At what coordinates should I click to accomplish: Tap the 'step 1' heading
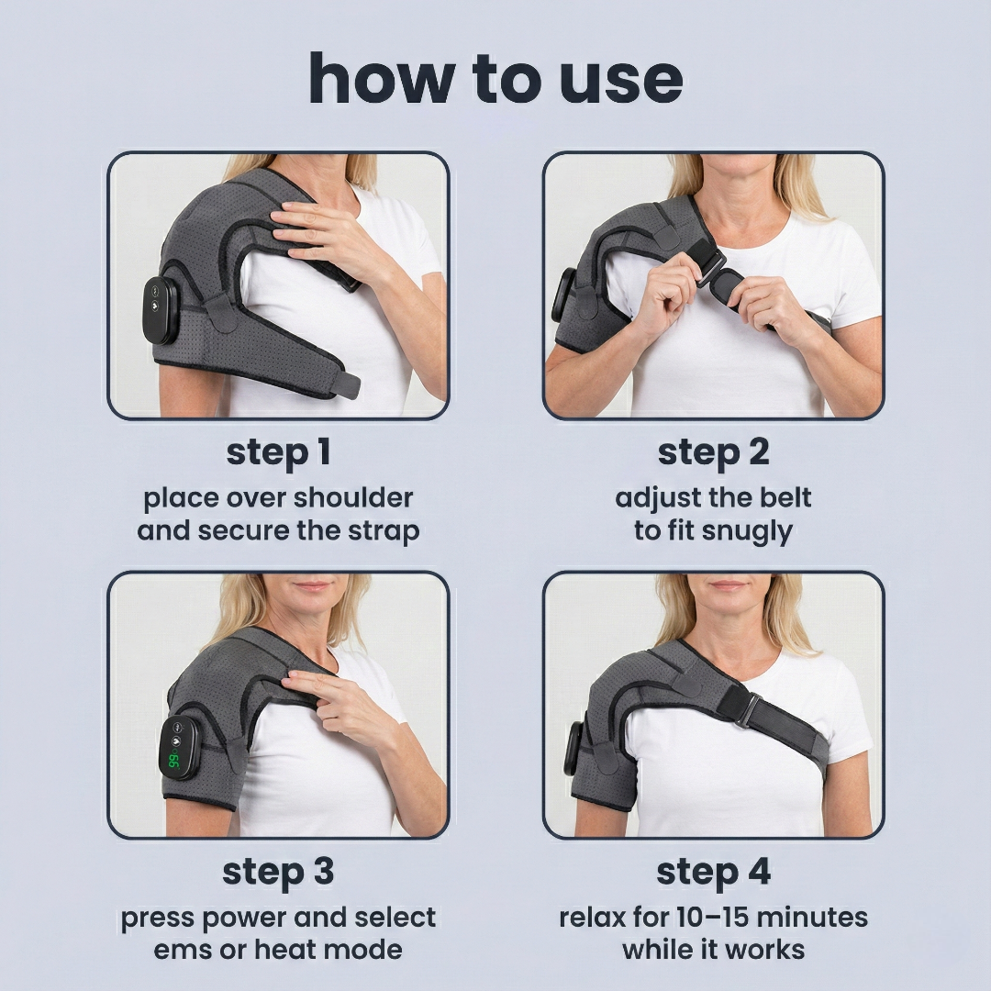[x=278, y=452]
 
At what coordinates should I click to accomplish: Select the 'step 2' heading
[x=713, y=452]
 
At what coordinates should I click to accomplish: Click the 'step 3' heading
[x=278, y=872]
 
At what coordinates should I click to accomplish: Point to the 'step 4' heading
[x=713, y=872]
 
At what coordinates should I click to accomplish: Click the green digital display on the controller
[x=172, y=761]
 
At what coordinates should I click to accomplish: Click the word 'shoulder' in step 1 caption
[x=355, y=498]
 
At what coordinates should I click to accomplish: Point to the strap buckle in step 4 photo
[x=743, y=708]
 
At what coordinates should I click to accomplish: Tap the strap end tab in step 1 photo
[x=345, y=385]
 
